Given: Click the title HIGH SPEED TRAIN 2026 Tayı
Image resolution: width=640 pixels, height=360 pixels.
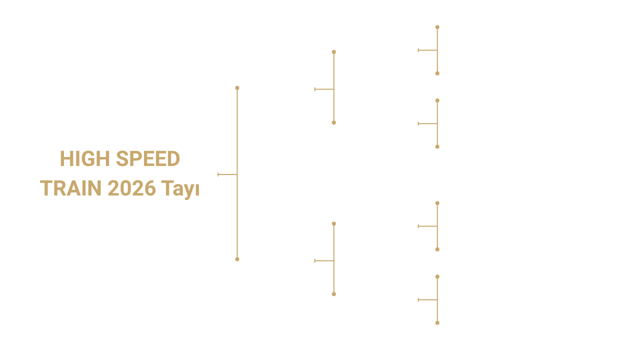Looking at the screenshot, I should point(120,173).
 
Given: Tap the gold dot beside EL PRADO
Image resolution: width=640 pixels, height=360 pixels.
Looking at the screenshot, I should point(437,27).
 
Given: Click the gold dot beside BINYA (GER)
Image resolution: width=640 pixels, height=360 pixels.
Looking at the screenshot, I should point(437,146).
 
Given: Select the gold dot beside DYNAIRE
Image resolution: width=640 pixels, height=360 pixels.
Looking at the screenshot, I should point(333,122).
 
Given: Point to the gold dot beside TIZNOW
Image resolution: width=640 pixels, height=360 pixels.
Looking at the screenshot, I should point(437,203).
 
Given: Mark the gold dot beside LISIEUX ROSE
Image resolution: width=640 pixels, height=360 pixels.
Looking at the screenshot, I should point(437,323).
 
